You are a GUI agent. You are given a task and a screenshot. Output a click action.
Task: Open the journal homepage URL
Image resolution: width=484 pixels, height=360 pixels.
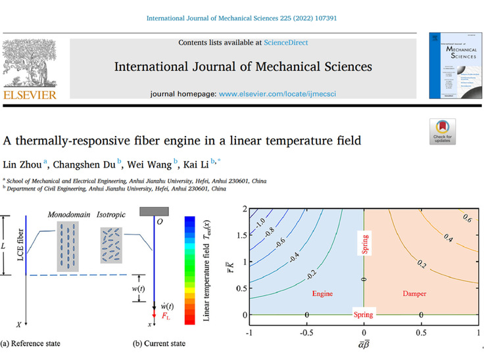(x=288, y=94)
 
